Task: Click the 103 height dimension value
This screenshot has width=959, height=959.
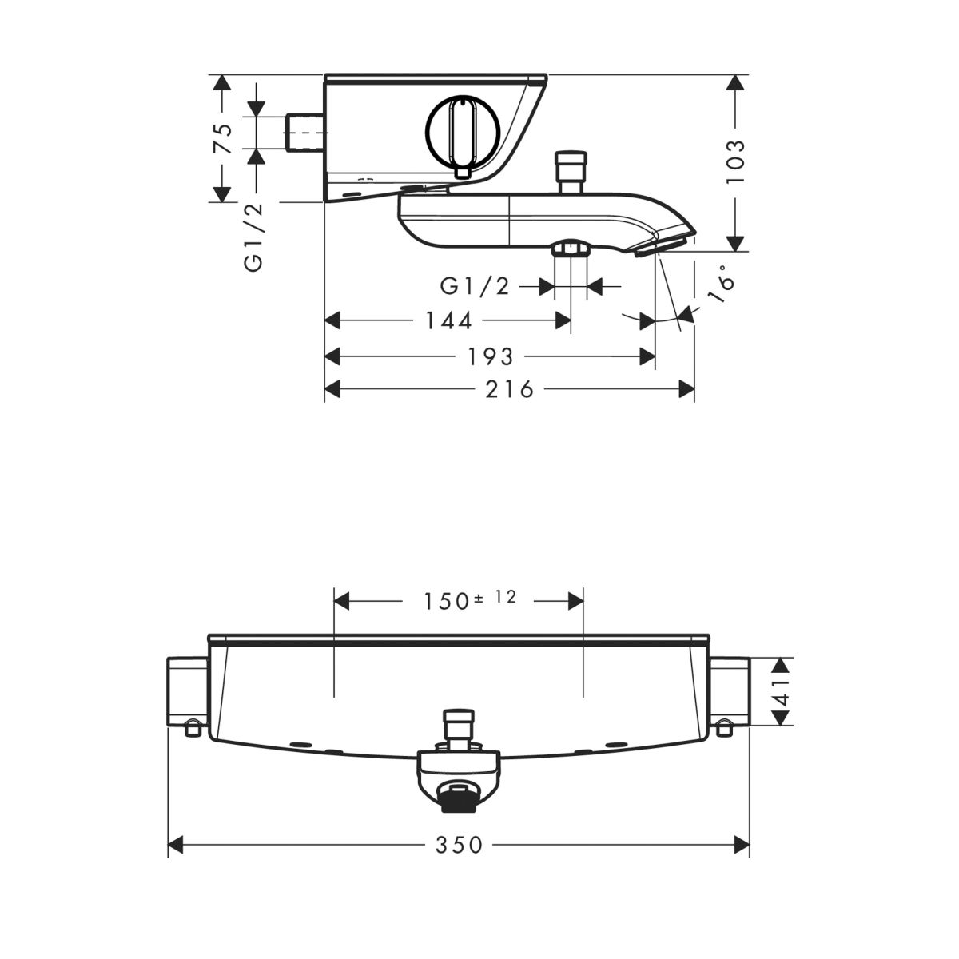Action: pos(735,161)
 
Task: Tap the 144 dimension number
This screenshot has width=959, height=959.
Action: pos(448,321)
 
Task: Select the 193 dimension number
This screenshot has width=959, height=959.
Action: pos(490,356)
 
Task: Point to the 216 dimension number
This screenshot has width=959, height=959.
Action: pos(510,389)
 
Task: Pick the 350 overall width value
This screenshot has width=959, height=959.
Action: pos(460,845)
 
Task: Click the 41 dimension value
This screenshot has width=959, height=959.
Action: pos(782,692)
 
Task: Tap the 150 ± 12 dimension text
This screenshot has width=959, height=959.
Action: pos(469,599)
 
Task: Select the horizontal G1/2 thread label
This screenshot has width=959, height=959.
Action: pos(475,286)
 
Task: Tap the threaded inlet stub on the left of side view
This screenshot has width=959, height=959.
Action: pos(305,133)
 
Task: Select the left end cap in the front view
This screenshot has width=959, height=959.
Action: pos(187,692)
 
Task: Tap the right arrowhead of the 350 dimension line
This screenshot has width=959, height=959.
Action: pos(742,844)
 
